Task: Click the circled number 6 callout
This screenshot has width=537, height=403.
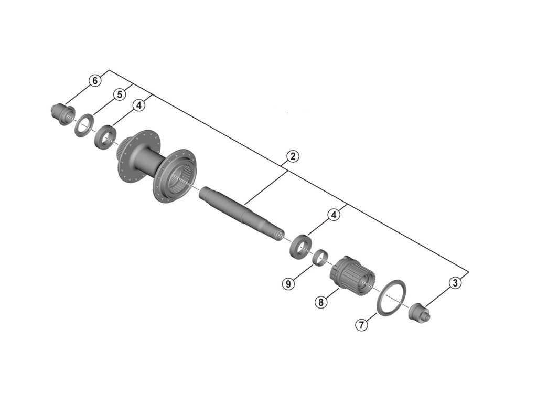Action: (x=94, y=81)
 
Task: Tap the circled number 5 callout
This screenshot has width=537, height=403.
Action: (x=120, y=94)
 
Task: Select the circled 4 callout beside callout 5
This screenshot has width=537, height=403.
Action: (x=138, y=105)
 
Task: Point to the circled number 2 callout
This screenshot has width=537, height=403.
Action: (x=293, y=156)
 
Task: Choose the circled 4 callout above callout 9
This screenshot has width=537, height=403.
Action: (x=334, y=215)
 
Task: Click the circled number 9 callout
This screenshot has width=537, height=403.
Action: (x=287, y=284)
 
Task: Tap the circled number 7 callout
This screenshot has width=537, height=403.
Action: (x=361, y=325)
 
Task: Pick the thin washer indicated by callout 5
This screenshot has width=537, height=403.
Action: (x=82, y=126)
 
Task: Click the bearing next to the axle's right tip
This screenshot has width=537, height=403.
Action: (x=299, y=245)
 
